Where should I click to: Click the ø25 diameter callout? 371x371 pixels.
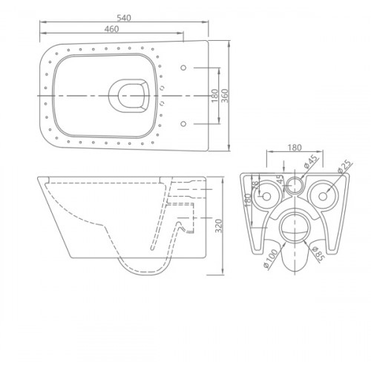point(343,170)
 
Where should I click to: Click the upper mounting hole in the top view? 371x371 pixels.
point(183,68)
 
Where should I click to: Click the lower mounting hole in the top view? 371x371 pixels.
point(183,122)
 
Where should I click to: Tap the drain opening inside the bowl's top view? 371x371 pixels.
point(128,95)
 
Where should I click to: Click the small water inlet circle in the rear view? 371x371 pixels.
point(296,185)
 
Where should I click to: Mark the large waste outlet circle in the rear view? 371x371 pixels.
point(296,224)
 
